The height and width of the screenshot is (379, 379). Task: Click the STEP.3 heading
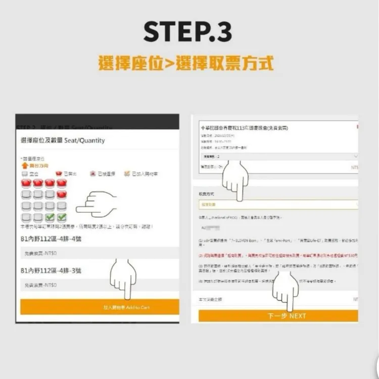click(x=188, y=31)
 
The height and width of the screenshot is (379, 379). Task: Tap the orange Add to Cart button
click(x=100, y=307)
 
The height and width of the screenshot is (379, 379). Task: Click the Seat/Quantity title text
click(x=63, y=140)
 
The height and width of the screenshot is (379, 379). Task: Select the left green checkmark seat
click(x=50, y=217)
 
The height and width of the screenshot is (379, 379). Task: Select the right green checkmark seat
click(x=62, y=217)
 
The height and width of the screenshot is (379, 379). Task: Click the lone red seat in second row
click(x=62, y=194)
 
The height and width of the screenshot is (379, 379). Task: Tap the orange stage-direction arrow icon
click(x=24, y=165)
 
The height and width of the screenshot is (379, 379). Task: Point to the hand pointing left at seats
click(x=96, y=204)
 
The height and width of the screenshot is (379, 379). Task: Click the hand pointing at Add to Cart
click(x=123, y=280)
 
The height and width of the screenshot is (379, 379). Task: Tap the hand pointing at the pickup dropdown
click(x=236, y=179)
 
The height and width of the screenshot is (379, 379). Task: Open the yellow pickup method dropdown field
click(x=278, y=205)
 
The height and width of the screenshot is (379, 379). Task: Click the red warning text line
click(x=278, y=255)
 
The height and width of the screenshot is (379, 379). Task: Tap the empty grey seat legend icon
click(x=25, y=173)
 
